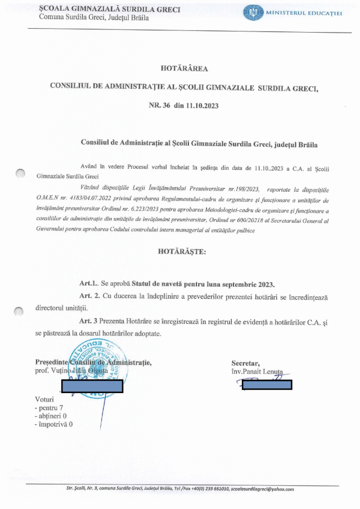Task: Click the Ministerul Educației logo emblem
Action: [x=253, y=13]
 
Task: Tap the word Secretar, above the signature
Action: [x=245, y=363]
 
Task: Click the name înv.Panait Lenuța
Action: [x=259, y=372]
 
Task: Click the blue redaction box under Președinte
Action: [x=92, y=386]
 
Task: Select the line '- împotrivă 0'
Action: [x=53, y=424]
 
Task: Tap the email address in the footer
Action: [x=262, y=489]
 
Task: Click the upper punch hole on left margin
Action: [x=21, y=174]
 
